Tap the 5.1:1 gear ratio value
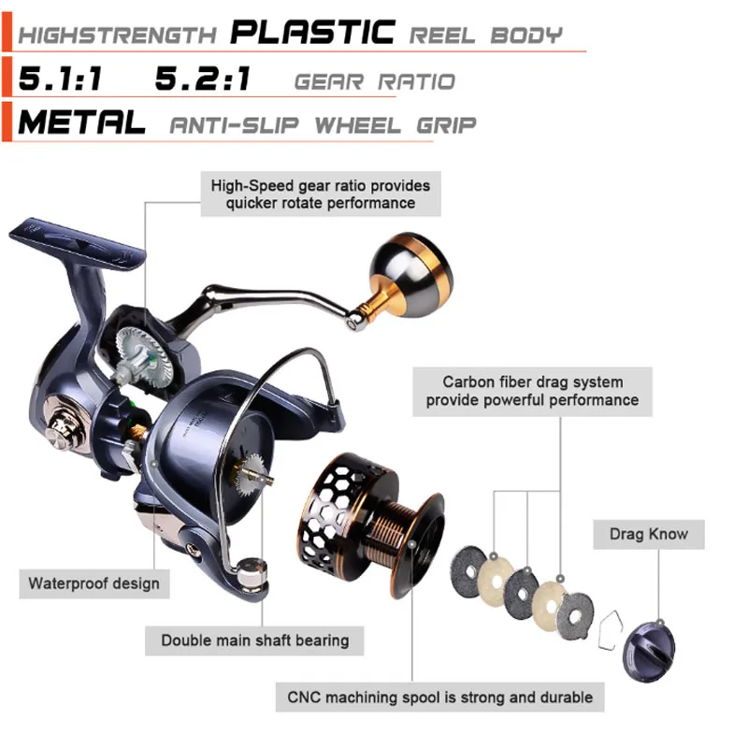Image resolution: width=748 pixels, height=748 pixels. point(59,79)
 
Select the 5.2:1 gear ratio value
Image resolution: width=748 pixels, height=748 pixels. point(203,79)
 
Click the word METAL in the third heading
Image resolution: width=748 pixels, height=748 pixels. point(82,122)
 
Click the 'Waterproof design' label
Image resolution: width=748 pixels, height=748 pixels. point(93,583)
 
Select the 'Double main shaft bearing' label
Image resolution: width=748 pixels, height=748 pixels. point(254,640)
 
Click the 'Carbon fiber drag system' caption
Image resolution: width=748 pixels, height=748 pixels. point(533,391)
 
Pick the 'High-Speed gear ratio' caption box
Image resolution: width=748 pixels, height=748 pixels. point(321,194)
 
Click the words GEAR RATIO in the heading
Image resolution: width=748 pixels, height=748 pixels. point(374,81)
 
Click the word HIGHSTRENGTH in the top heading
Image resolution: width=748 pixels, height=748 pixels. point(117,36)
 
